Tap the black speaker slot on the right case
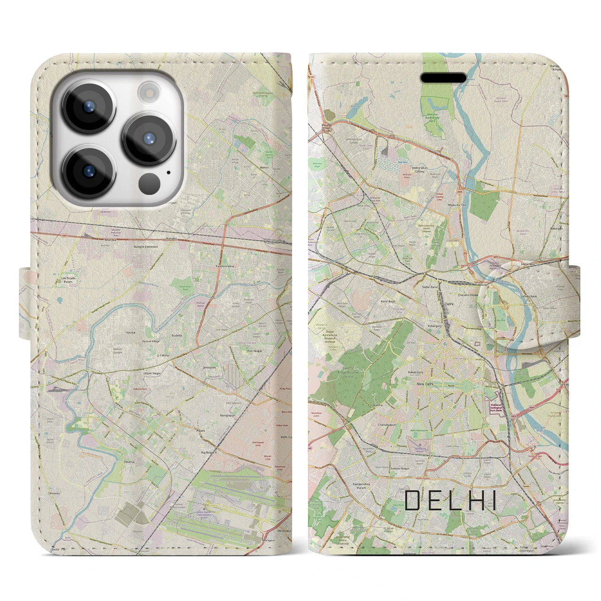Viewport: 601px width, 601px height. pos(443,77)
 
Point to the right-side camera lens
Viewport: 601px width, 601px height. pos(149,138)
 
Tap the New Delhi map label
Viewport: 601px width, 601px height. pos(424,384)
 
